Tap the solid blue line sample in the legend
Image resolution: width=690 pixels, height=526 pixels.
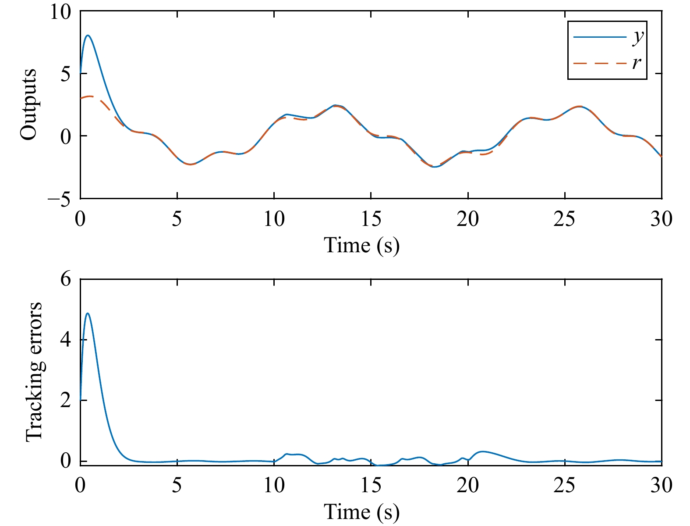(x=600, y=37)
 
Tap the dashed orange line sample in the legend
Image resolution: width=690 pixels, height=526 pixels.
(x=600, y=64)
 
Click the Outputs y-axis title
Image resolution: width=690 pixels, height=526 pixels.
(x=29, y=104)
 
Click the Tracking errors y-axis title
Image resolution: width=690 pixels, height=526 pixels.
(x=34, y=371)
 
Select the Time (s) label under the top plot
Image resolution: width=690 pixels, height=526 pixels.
(x=361, y=245)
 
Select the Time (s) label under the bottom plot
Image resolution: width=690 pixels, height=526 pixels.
(x=361, y=512)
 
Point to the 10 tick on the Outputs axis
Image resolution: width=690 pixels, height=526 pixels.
(x=60, y=12)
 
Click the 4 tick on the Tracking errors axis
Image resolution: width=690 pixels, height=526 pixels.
(x=66, y=340)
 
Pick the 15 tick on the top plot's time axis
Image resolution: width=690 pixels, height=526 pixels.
(x=371, y=219)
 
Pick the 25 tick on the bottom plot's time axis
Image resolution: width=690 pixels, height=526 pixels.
(x=565, y=486)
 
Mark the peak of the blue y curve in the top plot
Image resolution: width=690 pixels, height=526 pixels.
(x=88, y=35)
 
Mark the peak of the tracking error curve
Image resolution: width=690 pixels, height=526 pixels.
(x=88, y=313)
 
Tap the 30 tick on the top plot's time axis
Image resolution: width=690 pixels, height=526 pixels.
(x=661, y=219)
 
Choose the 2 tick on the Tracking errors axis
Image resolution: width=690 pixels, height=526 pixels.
(x=66, y=401)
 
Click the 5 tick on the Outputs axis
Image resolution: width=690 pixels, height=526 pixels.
(x=66, y=74)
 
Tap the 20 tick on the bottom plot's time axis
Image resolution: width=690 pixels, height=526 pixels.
(x=468, y=486)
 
